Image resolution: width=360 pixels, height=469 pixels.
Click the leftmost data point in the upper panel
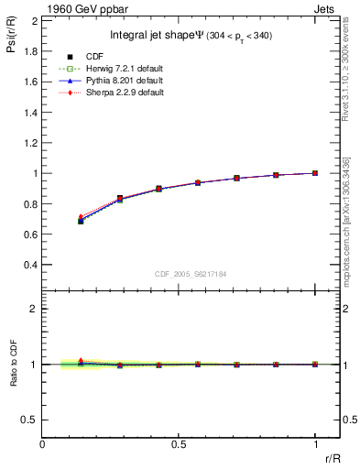tap(81, 221)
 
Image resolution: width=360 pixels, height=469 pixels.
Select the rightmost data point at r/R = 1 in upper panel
tap(315, 173)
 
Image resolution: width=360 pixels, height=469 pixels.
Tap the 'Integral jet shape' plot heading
tap(188, 35)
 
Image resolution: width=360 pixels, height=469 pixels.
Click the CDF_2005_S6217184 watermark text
tap(191, 274)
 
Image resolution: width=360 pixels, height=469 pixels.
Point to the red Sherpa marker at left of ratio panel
tap(81, 361)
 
